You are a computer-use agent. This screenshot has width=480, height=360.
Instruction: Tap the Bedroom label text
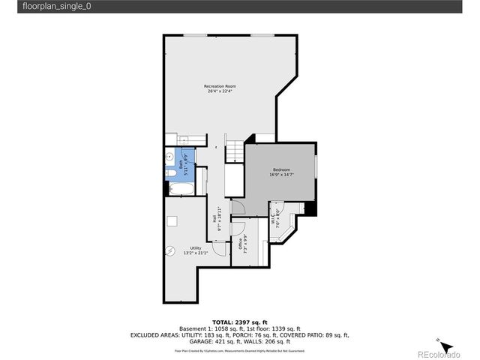pos(282,169)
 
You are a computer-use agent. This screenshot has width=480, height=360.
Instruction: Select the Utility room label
pos(195,247)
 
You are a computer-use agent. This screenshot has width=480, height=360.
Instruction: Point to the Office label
pos(241,244)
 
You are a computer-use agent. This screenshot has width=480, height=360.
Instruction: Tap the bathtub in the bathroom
pos(180,187)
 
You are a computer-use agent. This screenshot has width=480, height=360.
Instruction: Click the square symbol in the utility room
pos(172,220)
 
